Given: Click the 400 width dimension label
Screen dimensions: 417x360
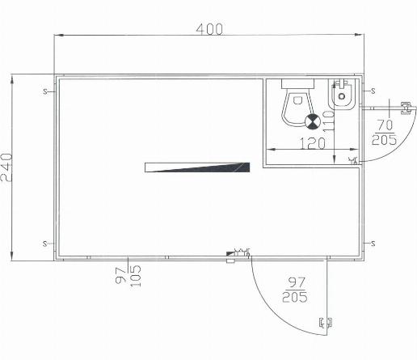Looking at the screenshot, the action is click(209, 29).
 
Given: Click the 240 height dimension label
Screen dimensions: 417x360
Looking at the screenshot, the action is click(6, 167).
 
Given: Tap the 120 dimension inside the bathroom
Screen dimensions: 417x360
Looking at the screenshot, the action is click(313, 143).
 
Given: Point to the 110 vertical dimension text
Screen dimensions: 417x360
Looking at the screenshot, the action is click(328, 121).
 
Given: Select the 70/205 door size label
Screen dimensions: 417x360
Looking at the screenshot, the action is click(385, 133).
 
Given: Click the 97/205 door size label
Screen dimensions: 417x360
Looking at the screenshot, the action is click(295, 290).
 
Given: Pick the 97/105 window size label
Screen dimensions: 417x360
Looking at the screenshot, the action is click(128, 276).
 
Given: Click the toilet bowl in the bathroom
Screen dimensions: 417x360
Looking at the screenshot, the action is click(297, 108).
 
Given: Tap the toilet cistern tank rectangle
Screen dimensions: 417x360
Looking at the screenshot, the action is click(297, 83).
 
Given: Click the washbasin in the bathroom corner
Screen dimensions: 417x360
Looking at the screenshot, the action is click(342, 95).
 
